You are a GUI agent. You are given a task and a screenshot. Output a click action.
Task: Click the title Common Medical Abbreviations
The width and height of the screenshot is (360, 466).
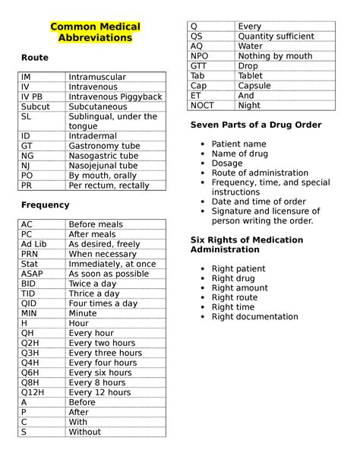tap(95, 32)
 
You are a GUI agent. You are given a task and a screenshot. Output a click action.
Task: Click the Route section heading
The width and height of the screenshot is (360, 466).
tap(34, 57)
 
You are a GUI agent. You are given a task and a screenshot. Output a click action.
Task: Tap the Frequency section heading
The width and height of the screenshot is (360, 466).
tap(45, 204)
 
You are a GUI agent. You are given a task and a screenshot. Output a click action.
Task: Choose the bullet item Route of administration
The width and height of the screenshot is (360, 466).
tap(260, 173)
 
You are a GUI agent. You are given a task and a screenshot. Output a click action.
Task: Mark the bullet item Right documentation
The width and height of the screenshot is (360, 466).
tap(254, 317)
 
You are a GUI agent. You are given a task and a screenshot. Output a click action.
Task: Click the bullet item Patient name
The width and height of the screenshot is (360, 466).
tap(238, 144)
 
